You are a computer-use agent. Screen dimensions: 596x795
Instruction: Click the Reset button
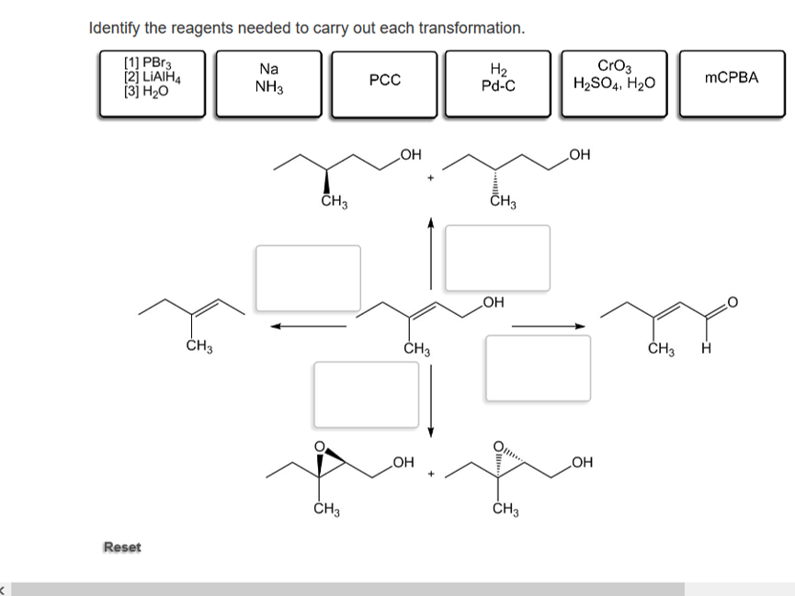122,547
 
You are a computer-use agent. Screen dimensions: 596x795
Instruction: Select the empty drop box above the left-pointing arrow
308,277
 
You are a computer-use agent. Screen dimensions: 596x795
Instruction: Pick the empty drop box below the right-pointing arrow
538,367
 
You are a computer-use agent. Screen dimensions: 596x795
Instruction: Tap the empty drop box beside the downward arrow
366,394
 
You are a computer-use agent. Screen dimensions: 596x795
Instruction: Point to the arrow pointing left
308,325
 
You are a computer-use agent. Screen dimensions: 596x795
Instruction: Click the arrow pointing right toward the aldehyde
548,325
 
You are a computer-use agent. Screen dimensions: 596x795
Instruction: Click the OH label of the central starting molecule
493,301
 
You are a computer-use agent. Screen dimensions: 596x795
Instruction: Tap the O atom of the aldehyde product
733,302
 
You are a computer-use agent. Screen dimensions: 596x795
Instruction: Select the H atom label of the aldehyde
705,349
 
